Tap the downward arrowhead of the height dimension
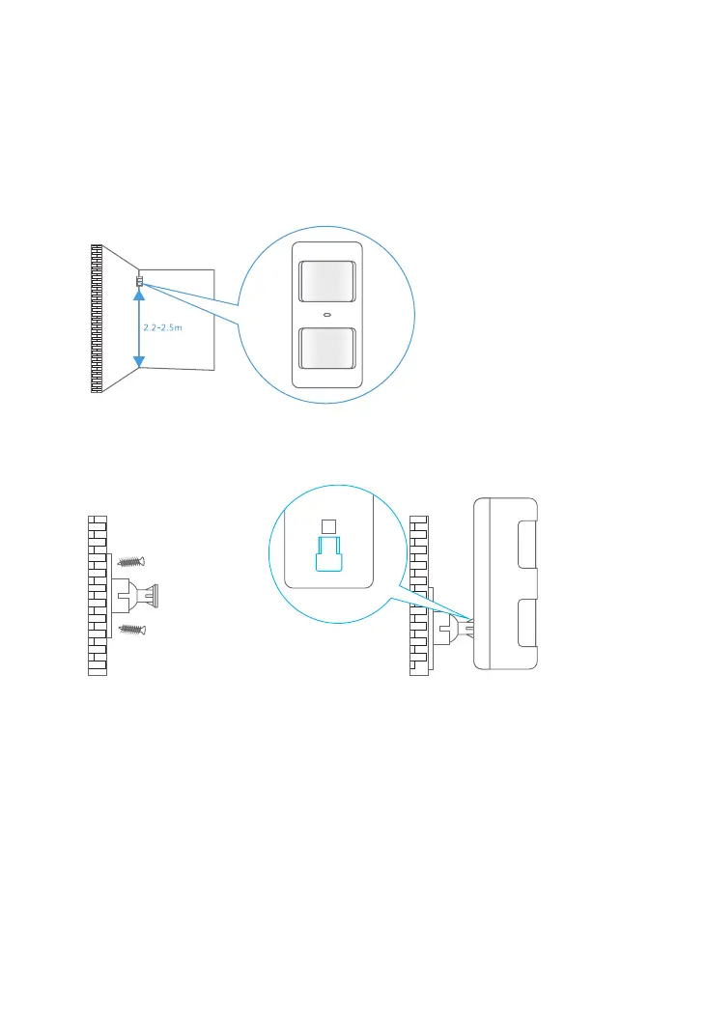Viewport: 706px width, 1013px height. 138,360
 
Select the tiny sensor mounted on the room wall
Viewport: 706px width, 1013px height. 139,282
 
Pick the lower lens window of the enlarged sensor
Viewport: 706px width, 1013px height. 325,348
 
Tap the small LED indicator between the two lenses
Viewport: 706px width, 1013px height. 325,315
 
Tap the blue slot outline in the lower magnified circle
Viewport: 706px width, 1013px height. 328,558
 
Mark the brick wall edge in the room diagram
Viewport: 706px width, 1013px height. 97,319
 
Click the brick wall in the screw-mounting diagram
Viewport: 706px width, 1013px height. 98,595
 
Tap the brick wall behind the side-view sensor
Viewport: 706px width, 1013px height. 418,595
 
